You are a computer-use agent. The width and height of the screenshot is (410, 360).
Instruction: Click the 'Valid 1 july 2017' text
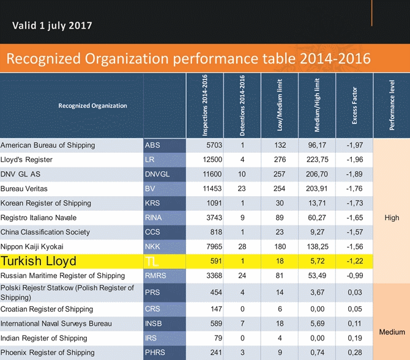(x=52, y=26)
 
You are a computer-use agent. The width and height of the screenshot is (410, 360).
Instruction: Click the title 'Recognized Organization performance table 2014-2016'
(x=188, y=59)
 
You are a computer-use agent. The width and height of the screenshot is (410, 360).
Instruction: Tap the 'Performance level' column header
(x=392, y=105)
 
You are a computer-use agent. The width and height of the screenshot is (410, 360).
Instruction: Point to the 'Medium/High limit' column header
(x=317, y=105)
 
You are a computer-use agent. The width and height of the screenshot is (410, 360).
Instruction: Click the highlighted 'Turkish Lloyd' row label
(x=39, y=261)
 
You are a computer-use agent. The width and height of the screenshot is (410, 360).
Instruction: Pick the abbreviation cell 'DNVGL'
(x=157, y=174)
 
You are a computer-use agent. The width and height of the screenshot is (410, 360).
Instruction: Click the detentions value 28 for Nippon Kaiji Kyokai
(x=242, y=246)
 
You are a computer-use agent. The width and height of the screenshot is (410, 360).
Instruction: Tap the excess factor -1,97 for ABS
(x=354, y=145)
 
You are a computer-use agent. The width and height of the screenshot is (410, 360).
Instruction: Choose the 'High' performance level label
(x=392, y=218)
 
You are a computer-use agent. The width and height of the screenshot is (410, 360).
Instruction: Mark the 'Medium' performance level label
(x=392, y=332)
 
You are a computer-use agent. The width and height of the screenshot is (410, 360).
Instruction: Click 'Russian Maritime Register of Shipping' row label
(x=62, y=276)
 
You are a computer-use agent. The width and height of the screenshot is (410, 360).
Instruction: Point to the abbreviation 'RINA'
(x=154, y=218)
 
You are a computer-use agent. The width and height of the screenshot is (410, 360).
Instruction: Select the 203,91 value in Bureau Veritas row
(x=316, y=189)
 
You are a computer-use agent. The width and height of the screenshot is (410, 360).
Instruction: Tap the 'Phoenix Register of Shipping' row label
(x=48, y=353)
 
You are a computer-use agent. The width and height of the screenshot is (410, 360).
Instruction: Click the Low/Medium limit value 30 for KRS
(x=280, y=203)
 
